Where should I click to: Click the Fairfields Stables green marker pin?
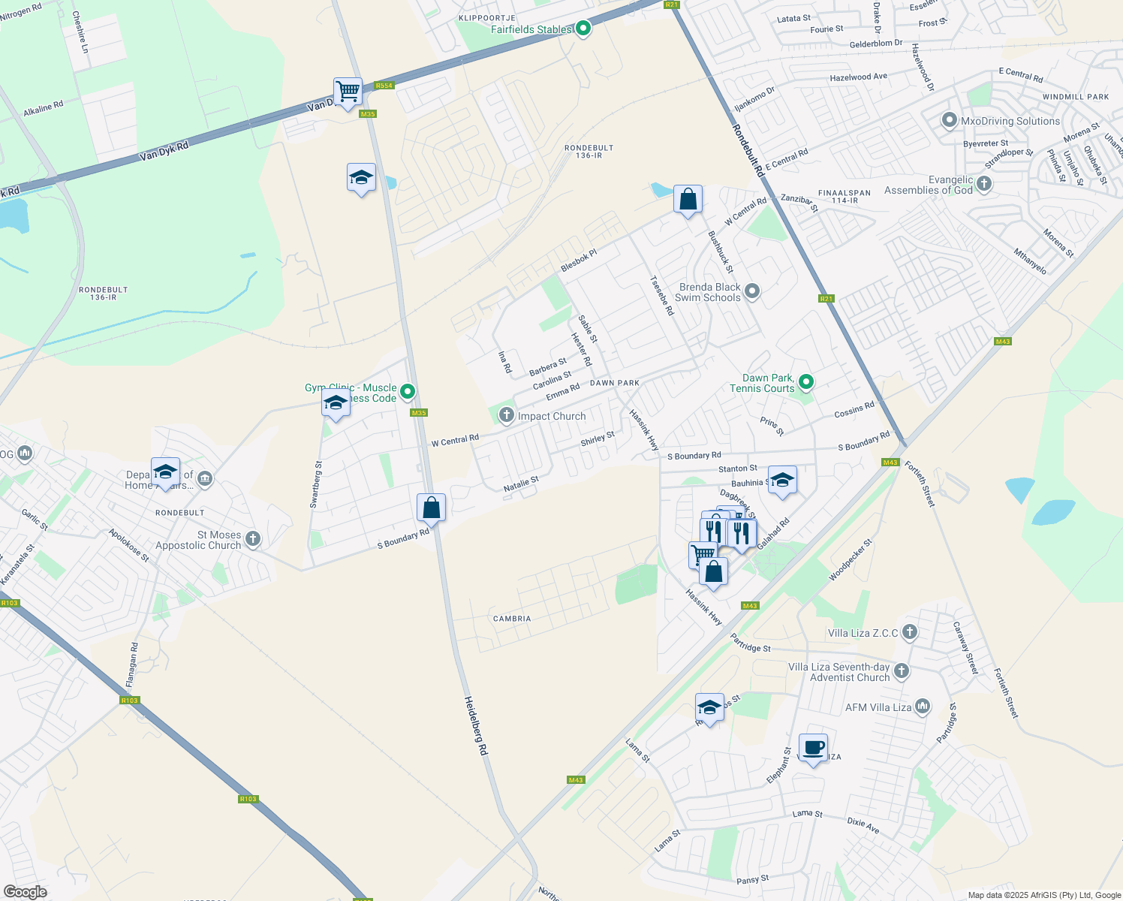tap(583, 29)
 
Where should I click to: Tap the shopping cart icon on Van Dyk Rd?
tap(348, 92)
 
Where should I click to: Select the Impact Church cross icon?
tap(507, 415)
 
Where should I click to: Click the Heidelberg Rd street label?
tap(476, 725)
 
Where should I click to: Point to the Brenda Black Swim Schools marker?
tap(752, 291)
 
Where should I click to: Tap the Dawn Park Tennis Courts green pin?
tap(806, 382)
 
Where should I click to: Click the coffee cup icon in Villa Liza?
tap(813, 748)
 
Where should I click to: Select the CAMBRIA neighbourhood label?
tap(512, 619)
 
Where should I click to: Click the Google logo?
tap(25, 892)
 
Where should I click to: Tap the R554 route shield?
tap(384, 86)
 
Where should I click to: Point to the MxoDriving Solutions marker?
tap(950, 120)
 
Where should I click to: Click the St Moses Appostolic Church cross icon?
tap(253, 538)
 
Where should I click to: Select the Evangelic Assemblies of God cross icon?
tap(984, 184)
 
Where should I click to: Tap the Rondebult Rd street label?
tap(748, 151)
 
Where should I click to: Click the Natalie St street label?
tap(521, 484)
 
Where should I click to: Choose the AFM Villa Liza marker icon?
tap(923, 707)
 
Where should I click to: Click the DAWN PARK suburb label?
tap(615, 383)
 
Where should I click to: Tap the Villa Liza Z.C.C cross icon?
tap(910, 632)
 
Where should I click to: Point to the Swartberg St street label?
tap(318, 484)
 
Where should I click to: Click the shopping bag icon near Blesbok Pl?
tap(688, 200)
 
